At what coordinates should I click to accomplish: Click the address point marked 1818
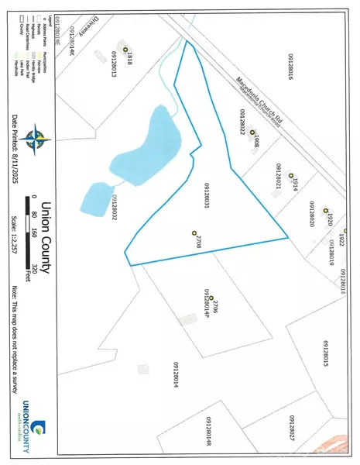[125, 50]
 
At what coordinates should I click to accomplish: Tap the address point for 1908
[252, 133]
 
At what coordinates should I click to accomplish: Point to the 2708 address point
[194, 232]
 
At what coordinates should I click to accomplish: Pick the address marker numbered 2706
[211, 298]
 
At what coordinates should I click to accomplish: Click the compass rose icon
[33, 139]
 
